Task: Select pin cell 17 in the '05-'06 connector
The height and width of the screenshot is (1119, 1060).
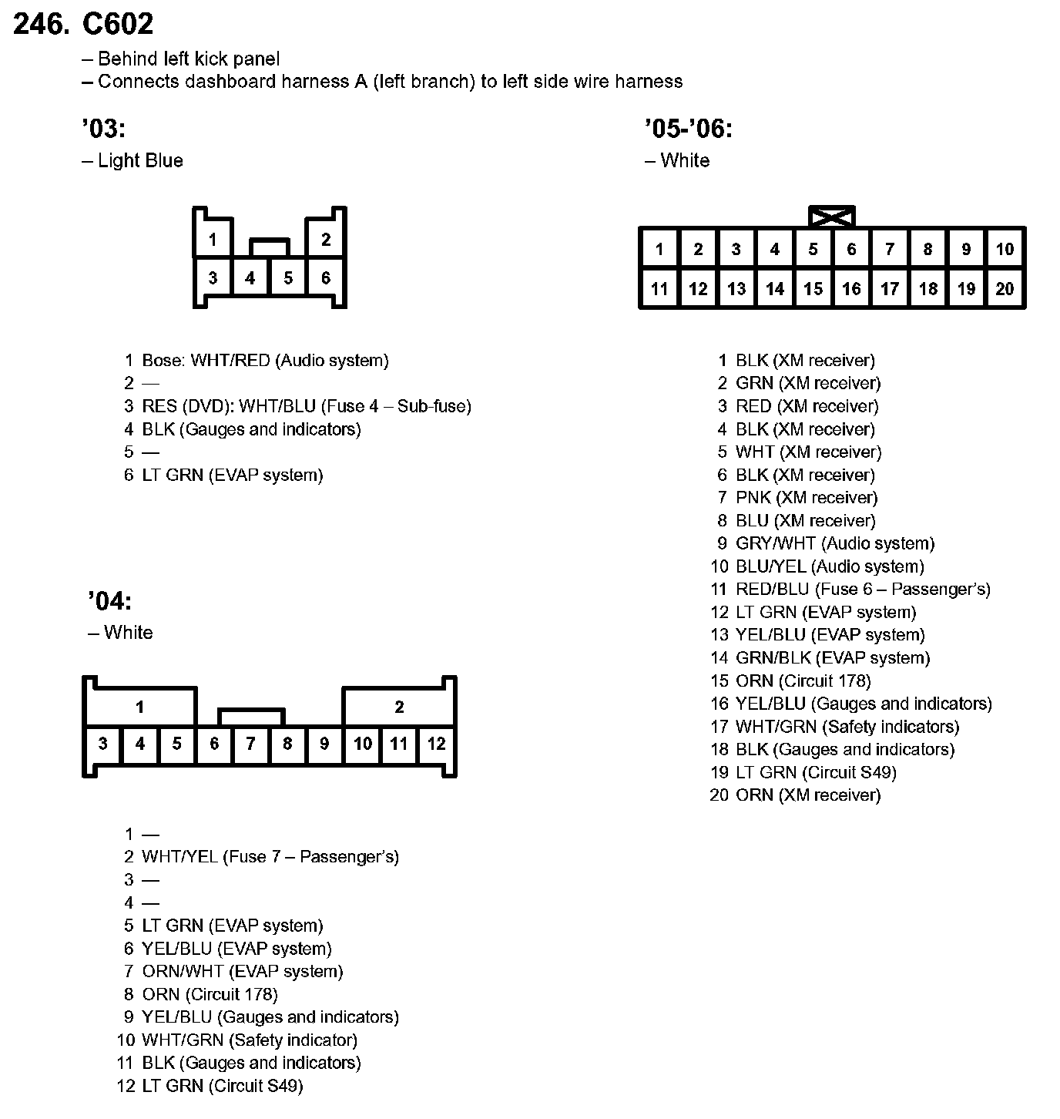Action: coord(890,289)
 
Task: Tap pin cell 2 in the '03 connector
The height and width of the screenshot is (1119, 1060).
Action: coord(326,240)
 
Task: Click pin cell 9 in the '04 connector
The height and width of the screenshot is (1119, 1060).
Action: coord(324,744)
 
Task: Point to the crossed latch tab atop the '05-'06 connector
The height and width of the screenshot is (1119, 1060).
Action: coord(832,217)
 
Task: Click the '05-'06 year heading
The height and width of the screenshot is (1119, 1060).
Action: coord(689,128)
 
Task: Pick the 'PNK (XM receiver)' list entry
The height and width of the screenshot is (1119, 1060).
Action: coord(806,498)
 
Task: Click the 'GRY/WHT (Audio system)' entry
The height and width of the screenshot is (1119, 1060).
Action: coord(834,543)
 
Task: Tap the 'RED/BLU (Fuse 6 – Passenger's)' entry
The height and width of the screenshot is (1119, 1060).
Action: coord(862,590)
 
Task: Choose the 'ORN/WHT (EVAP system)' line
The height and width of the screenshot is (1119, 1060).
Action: coord(242,971)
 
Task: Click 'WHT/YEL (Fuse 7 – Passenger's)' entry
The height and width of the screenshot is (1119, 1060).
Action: coord(270,857)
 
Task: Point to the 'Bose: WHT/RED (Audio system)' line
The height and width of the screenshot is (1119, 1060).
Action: coord(265,360)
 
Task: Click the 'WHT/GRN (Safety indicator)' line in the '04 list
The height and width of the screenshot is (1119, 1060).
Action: coord(249,1040)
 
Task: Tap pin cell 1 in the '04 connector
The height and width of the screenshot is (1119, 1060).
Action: coord(139,707)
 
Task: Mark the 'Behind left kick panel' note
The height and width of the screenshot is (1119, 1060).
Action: coord(188,59)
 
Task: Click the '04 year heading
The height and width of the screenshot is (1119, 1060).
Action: coord(109,600)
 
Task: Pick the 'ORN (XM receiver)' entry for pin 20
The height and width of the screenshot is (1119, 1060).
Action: coord(807,795)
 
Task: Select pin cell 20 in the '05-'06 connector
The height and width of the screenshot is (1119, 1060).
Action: coord(1005,289)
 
